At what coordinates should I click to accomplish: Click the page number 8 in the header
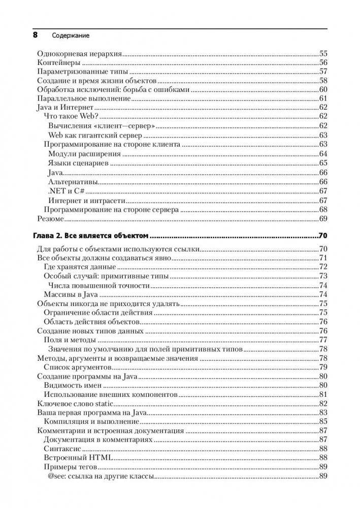click(35, 36)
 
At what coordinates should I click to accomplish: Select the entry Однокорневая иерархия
click(82, 53)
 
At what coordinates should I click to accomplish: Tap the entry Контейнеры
click(60, 63)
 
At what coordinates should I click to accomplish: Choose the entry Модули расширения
click(81, 154)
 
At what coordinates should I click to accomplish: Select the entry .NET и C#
click(66, 191)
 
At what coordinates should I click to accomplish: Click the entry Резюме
click(51, 219)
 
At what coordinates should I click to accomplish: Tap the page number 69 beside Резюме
click(322, 219)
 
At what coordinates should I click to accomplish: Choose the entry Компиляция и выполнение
click(87, 422)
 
